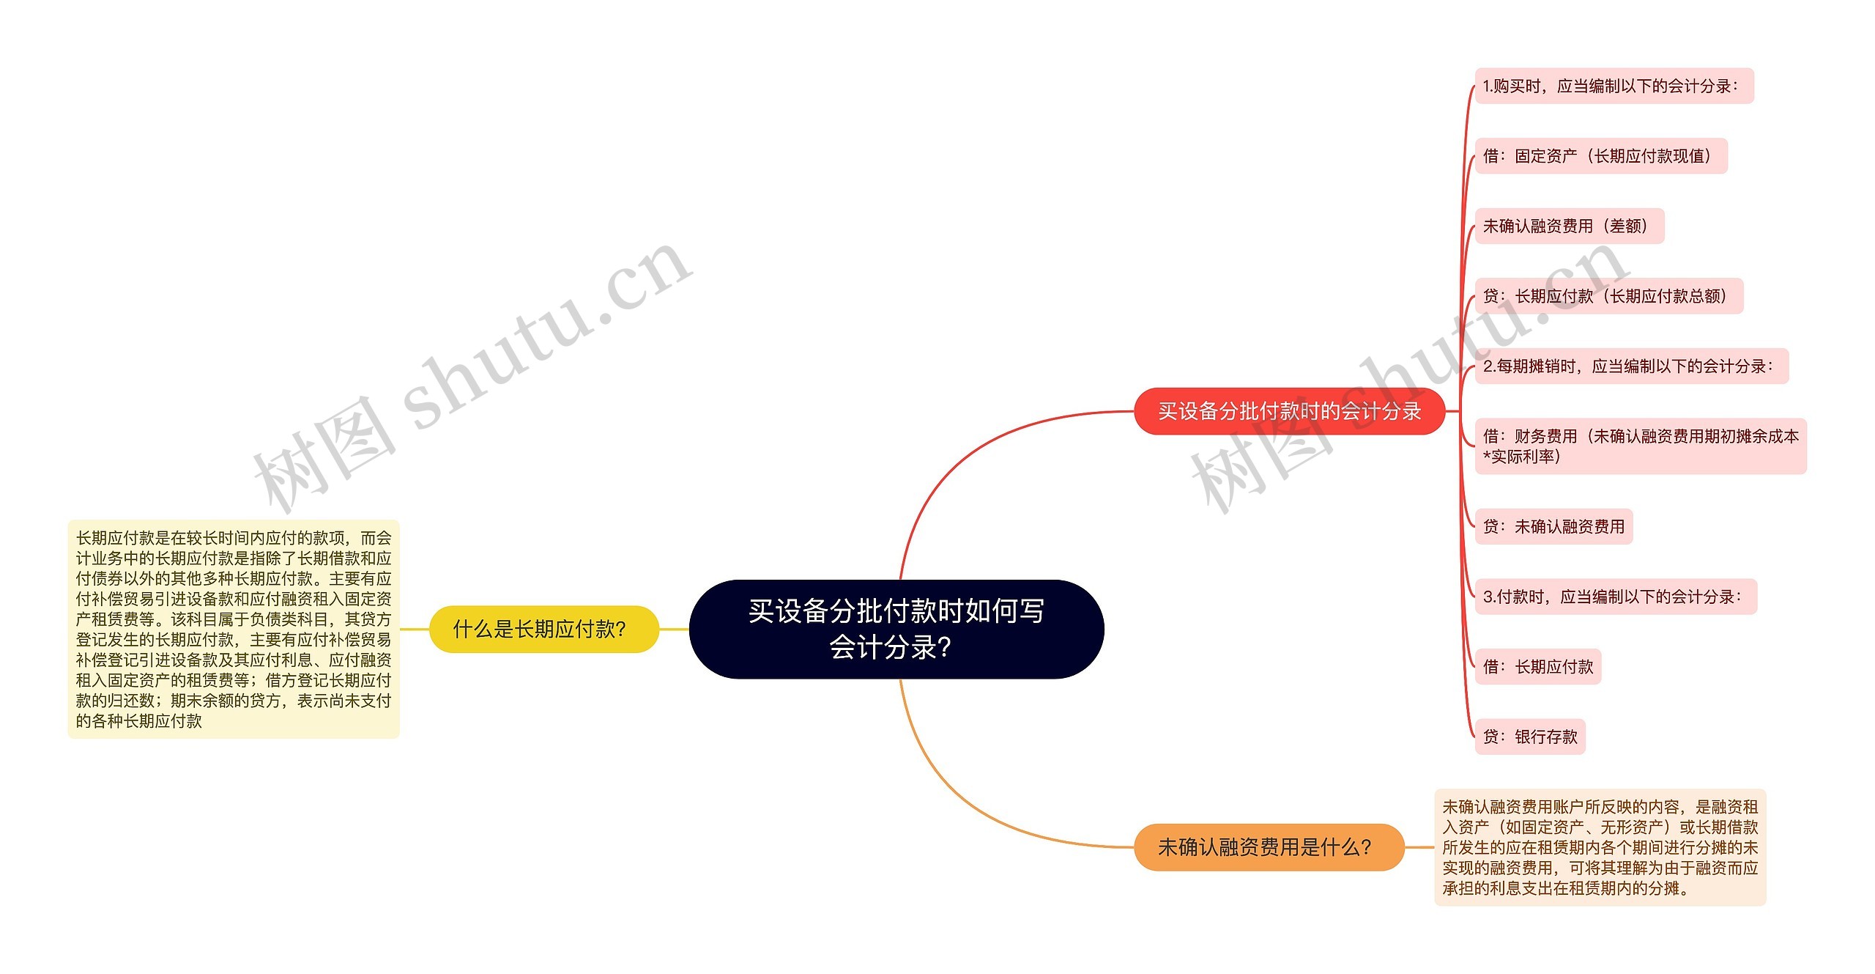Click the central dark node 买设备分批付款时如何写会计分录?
point(896,629)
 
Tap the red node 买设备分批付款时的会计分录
point(1288,411)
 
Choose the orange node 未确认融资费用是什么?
point(1268,847)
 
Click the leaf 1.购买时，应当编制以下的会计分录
point(1613,86)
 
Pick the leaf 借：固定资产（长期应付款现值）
point(1600,156)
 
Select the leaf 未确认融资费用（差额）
point(1568,226)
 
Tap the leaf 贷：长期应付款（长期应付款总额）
point(1608,296)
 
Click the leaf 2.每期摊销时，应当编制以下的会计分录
point(1630,366)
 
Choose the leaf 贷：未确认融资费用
point(1553,526)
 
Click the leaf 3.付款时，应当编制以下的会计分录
point(1614,597)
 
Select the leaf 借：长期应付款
point(1537,667)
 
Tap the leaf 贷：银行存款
point(1529,737)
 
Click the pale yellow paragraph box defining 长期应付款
point(234,629)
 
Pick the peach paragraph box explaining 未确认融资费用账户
point(1600,847)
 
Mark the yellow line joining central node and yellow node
point(674,629)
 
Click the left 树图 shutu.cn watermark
point(469,374)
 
